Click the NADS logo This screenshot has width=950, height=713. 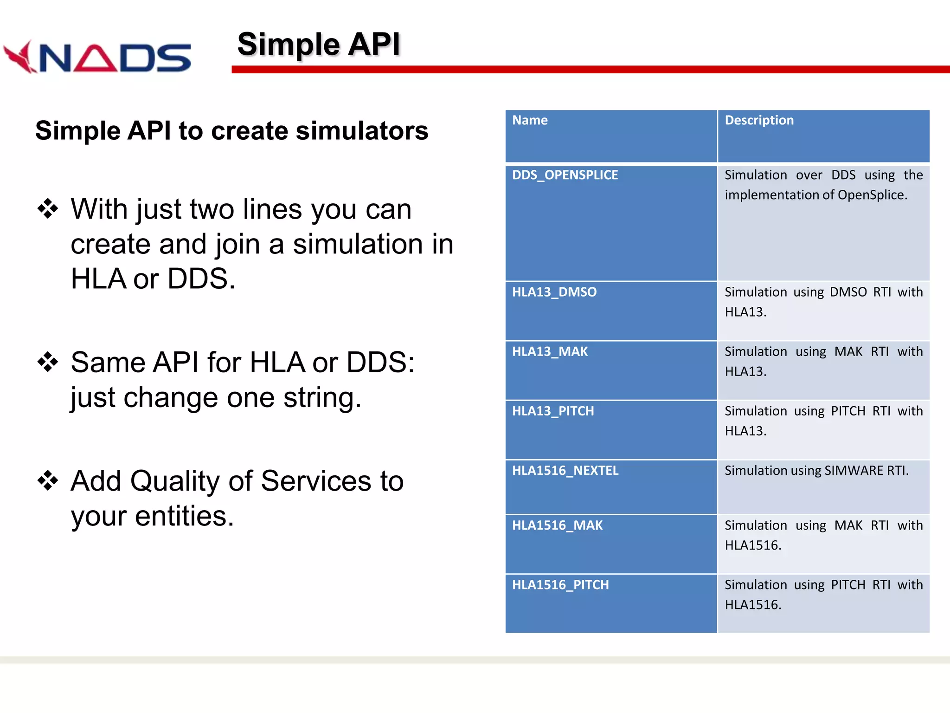click(x=97, y=57)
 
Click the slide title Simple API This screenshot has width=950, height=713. click(x=319, y=45)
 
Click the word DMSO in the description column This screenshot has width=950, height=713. click(x=848, y=292)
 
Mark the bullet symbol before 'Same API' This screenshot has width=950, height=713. click(x=48, y=362)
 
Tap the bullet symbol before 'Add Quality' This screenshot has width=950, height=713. click(x=48, y=480)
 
